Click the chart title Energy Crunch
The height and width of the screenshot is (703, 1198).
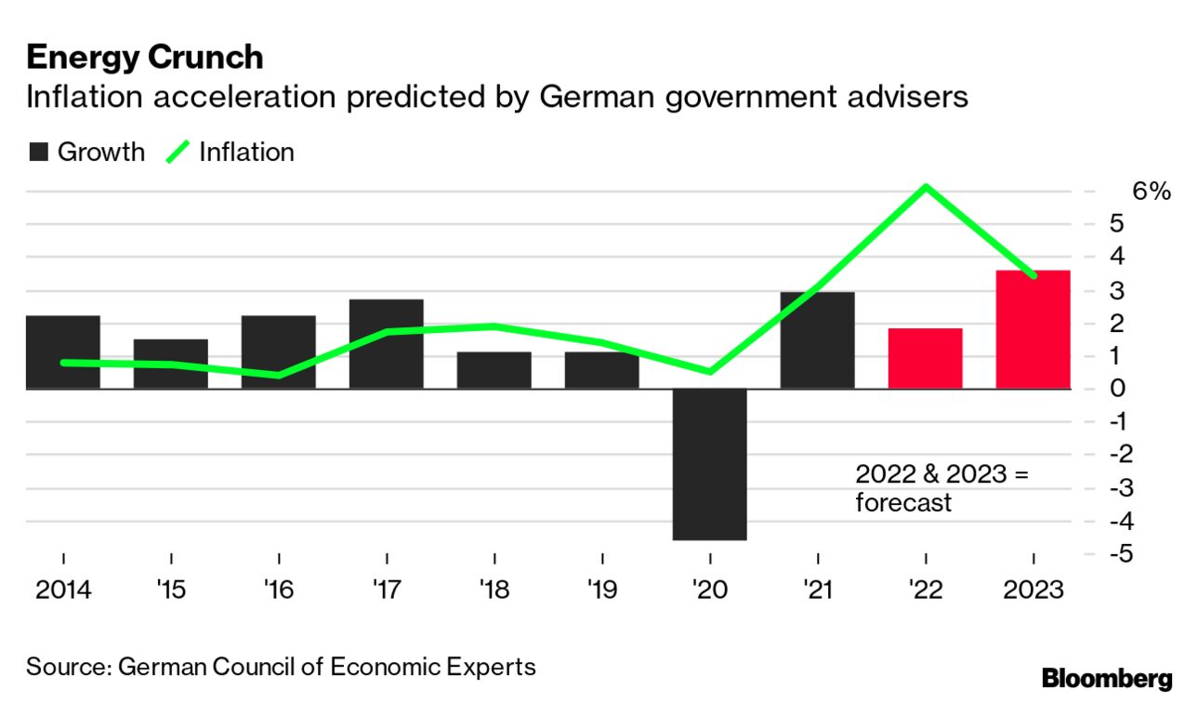click(145, 58)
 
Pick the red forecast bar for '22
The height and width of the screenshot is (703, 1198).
click(926, 358)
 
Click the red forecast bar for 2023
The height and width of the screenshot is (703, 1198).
click(1033, 329)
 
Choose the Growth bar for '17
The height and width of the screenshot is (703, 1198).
click(387, 343)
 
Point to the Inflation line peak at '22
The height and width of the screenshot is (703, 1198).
click(926, 187)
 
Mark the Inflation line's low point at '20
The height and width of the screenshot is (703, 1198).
click(710, 372)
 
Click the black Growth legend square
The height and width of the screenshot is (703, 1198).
click(39, 153)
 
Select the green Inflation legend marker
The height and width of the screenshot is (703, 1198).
click(178, 152)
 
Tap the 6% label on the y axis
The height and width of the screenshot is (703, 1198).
click(1151, 192)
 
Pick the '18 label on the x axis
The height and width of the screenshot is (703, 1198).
click(494, 590)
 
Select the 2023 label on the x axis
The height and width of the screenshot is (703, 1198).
click(1033, 590)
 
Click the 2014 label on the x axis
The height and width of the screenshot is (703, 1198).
click(63, 590)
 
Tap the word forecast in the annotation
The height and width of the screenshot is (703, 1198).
click(903, 503)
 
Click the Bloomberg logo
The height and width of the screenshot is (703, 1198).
click(1107, 679)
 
